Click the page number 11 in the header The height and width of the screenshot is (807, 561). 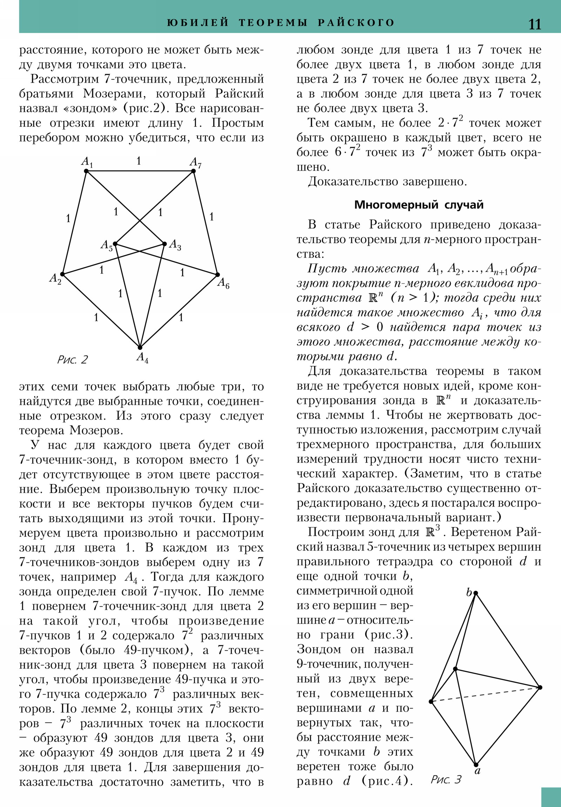pos(534,24)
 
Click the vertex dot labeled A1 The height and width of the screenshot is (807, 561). pos(86,171)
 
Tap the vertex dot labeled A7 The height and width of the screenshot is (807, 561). pos(193,171)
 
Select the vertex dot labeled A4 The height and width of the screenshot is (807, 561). pos(140,348)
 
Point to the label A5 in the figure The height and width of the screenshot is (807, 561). pos(107,245)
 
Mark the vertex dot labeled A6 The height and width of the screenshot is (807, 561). pos(217,274)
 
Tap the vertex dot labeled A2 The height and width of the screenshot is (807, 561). pos(62,274)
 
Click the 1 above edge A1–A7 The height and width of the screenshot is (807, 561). pos(139,161)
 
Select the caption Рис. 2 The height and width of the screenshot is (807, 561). pos(72,360)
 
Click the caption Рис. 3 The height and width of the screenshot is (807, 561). pos(446,780)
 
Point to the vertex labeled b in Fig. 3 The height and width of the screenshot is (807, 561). pos(476,593)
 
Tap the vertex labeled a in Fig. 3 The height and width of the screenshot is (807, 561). pos(476,765)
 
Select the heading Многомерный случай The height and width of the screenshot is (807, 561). pos(419,205)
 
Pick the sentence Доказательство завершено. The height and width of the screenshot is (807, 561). pos(387,181)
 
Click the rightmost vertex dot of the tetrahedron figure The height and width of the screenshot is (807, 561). pos(540,687)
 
